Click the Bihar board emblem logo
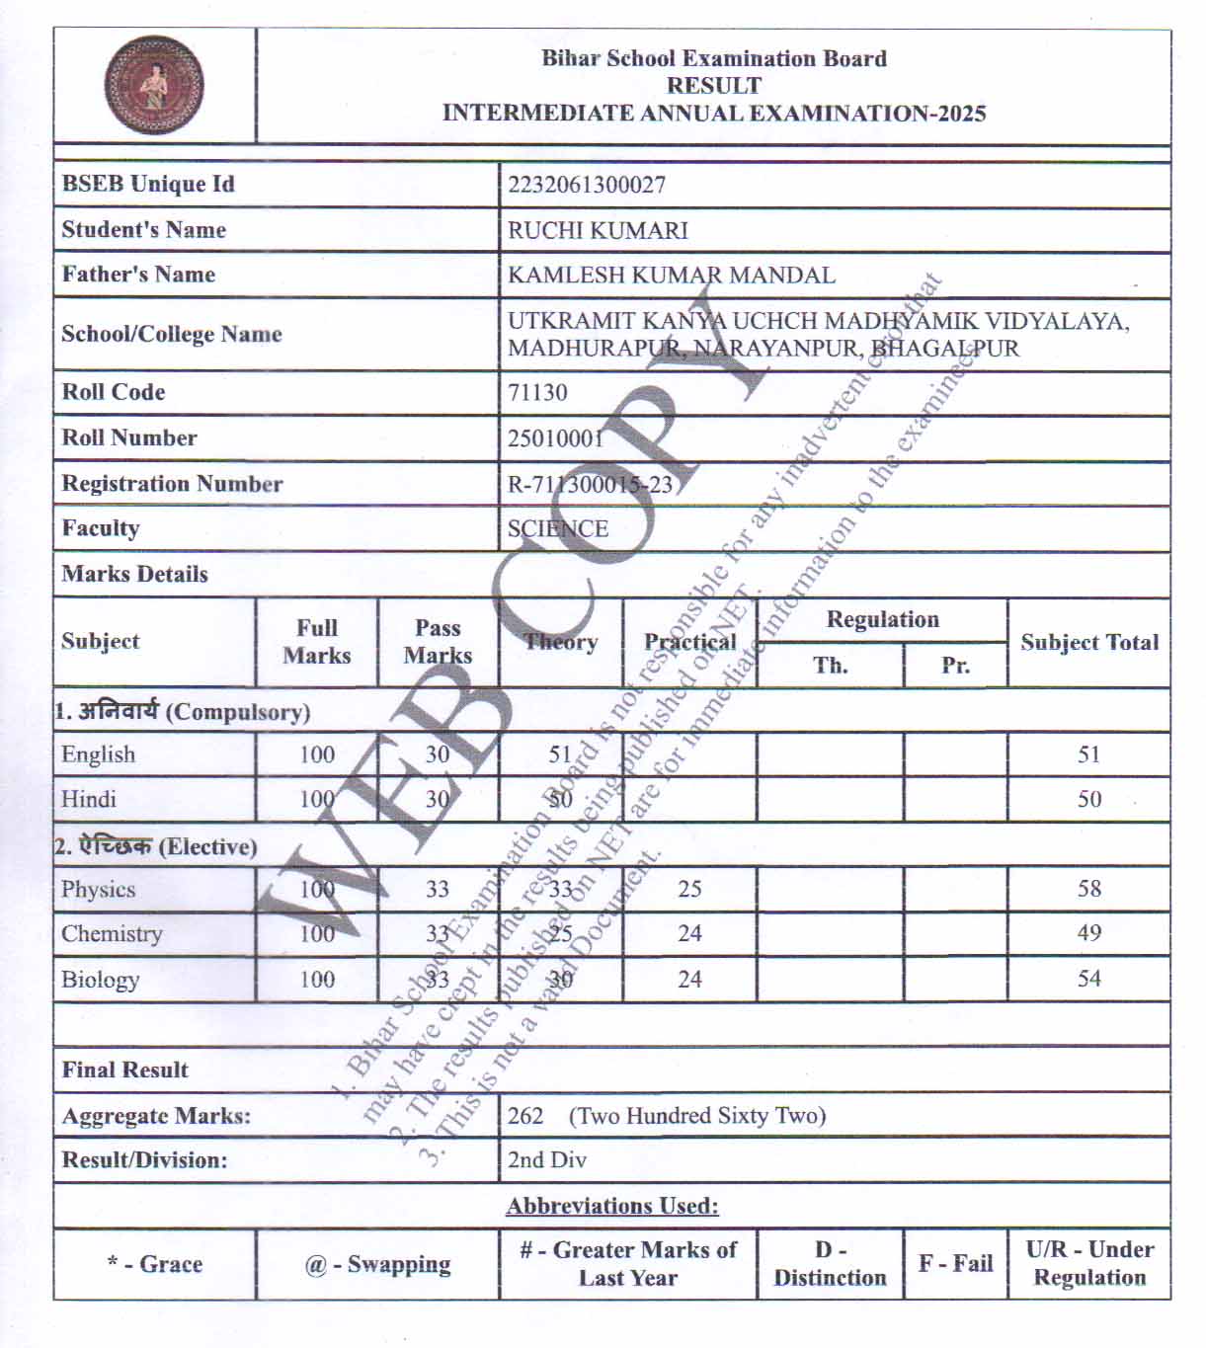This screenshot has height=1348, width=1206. [x=154, y=86]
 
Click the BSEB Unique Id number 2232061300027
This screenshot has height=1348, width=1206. [x=586, y=185]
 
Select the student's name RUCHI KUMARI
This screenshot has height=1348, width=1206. [x=598, y=230]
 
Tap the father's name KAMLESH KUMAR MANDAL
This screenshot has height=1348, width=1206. [x=671, y=275]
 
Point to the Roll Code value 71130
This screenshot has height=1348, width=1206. [x=537, y=392]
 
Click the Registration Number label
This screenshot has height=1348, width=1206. [x=172, y=483]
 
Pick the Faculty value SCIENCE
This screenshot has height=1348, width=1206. [x=557, y=528]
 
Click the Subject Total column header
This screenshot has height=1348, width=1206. [x=1088, y=642]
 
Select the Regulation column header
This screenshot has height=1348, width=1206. [x=882, y=619]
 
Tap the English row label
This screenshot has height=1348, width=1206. [x=98, y=754]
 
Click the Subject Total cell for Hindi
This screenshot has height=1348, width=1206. [x=1088, y=799]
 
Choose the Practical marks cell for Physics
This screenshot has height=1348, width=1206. [x=689, y=889]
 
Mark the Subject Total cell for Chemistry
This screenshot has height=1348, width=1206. [x=1088, y=933]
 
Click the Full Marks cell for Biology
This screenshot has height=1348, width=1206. [x=317, y=980]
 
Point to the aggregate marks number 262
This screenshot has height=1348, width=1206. [x=525, y=1116]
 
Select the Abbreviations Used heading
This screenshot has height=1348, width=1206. [x=612, y=1206]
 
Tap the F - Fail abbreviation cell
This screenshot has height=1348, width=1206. [x=955, y=1263]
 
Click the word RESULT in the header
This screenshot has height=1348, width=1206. [x=713, y=86]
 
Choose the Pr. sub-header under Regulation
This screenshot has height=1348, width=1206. [x=955, y=665]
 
